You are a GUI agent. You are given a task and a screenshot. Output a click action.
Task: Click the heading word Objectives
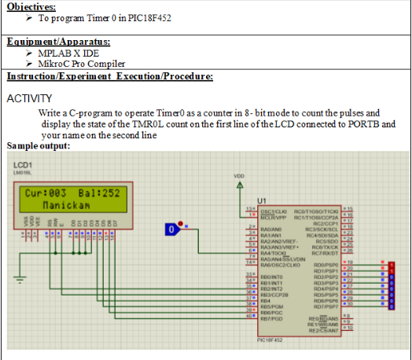[27, 6]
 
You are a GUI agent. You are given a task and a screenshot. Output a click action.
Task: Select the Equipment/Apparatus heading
[58, 41]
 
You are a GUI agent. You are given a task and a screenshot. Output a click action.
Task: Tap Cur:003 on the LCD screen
[45, 193]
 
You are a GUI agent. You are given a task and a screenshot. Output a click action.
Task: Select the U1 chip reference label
[251, 200]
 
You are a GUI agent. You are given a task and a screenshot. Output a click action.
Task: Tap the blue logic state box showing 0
[171, 230]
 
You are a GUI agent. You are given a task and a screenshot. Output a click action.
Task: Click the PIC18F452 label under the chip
[270, 340]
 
